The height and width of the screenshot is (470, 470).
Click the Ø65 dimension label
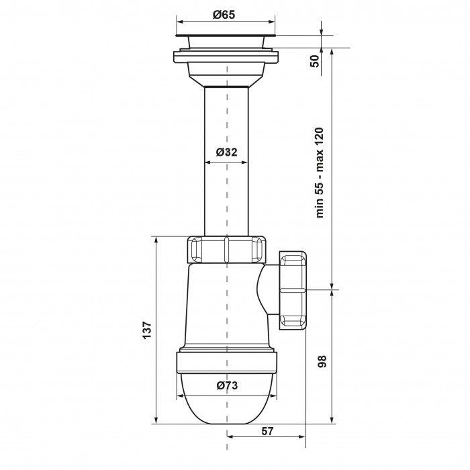pyautogui.click(x=224, y=15)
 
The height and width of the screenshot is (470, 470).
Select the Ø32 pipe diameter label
pyautogui.click(x=226, y=152)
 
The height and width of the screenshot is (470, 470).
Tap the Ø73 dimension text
pyautogui.click(x=227, y=385)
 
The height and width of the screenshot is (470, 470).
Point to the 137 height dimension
pyautogui.click(x=147, y=330)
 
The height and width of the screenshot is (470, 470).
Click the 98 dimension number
pyautogui.click(x=322, y=361)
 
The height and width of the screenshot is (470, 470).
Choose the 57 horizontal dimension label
pyautogui.click(x=267, y=431)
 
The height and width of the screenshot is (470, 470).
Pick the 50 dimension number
pyautogui.click(x=316, y=61)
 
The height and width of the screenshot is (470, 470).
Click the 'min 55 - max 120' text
pyautogui.click(x=320, y=173)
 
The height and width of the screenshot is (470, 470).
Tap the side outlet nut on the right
pyautogui.click(x=293, y=291)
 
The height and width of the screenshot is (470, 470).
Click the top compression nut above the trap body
pyautogui.click(x=226, y=250)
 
